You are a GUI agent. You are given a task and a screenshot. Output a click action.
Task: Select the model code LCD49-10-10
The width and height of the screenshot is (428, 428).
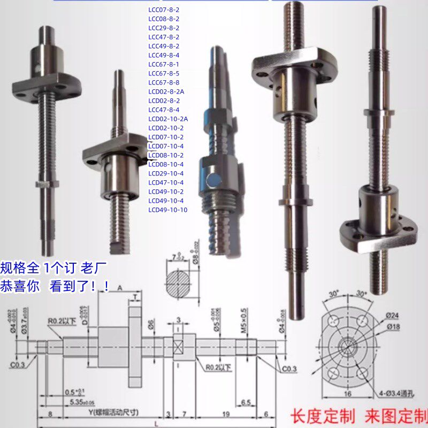(x=167, y=210)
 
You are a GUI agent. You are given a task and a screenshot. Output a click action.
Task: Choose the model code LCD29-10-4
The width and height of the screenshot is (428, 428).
(x=165, y=173)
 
